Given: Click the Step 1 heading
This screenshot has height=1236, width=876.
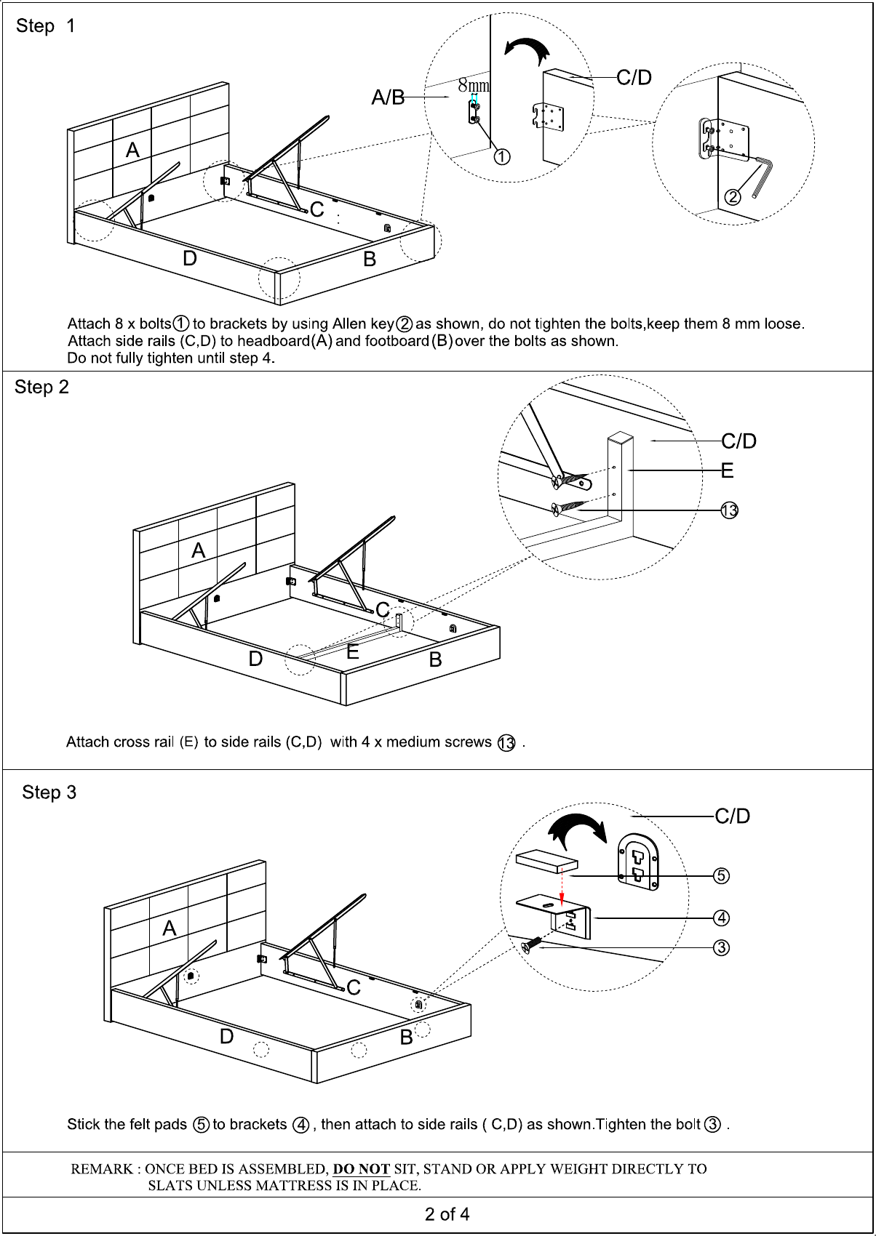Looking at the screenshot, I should coord(45,26).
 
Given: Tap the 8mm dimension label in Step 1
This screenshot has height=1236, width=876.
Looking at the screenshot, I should coord(473,86).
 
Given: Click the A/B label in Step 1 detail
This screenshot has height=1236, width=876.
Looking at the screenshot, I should coord(388,97).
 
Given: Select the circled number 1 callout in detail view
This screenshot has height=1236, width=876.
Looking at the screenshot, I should coord(502,156).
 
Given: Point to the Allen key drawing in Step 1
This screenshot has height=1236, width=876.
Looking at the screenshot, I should coord(762,177).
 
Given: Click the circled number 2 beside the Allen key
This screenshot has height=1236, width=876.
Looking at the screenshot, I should coord(733,197).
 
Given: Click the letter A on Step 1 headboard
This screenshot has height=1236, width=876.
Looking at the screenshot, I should coord(132,151).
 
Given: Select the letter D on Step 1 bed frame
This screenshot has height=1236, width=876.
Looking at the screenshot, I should coord(190,259).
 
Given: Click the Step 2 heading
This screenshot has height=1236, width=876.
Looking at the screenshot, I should coord(41,388).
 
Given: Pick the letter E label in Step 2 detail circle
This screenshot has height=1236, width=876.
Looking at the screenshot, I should coord(727,471).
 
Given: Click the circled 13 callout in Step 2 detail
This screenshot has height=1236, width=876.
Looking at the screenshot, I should coord(729,510).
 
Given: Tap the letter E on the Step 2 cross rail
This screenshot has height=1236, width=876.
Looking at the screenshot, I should coord(353,652).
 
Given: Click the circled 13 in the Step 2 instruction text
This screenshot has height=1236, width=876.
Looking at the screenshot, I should coord(506,743).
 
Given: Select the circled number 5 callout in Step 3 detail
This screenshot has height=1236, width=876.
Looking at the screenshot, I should coord(721,875).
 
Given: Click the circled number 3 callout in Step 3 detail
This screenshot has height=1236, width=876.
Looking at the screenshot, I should coord(721,947).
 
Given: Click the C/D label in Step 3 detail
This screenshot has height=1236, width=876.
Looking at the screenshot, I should coord(732,816).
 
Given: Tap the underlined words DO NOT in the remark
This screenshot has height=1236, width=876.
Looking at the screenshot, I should coord(362,1169).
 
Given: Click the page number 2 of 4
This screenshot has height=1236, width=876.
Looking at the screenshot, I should coord(447,1214).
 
